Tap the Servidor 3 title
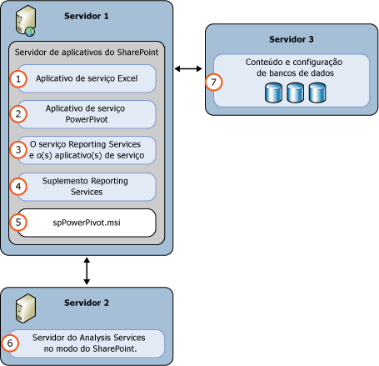pos(292,38)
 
